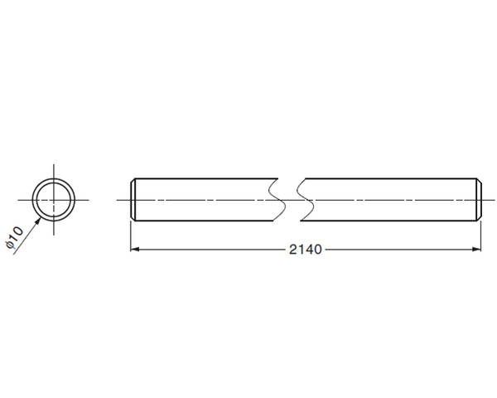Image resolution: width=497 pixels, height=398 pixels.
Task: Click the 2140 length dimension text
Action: (x=305, y=250)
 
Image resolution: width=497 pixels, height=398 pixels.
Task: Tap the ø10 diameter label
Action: (x=15, y=237)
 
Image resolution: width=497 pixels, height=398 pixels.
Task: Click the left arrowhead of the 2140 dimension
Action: (x=135, y=250)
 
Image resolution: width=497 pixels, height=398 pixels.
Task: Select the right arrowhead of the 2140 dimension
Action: (x=476, y=250)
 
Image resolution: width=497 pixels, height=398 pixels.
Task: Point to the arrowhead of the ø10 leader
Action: (x=37, y=221)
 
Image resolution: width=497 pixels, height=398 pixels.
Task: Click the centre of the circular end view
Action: (x=54, y=200)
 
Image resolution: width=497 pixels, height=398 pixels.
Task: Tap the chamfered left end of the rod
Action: (x=133, y=200)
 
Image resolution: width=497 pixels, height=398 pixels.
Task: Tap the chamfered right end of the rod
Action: (x=479, y=200)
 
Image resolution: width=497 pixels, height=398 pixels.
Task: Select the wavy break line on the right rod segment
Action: (x=305, y=200)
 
